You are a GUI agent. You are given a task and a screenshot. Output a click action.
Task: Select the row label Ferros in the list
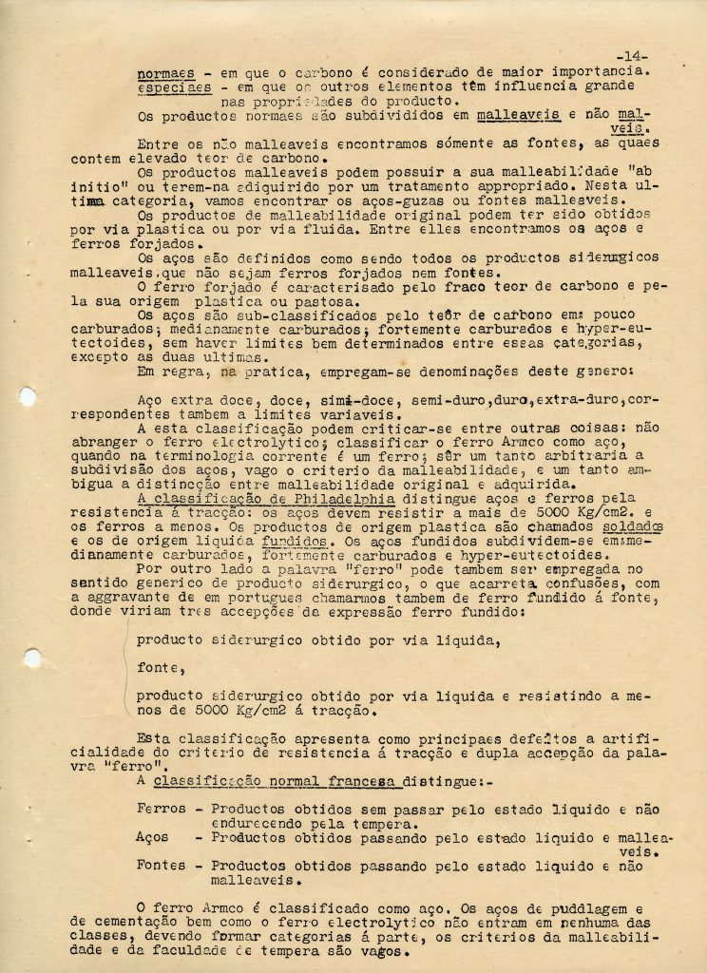click(x=162, y=809)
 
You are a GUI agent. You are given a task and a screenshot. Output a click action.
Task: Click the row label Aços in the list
click(x=152, y=837)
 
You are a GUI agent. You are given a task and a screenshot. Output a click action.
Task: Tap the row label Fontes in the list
click(x=162, y=866)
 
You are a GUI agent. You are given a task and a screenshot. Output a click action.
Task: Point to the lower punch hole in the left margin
click(x=31, y=657)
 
